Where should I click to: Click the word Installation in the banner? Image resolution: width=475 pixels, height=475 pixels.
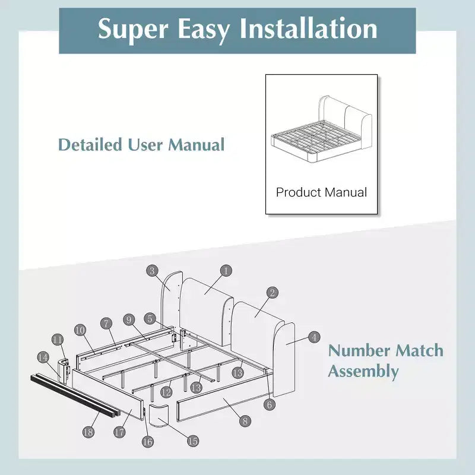click(x=308, y=28)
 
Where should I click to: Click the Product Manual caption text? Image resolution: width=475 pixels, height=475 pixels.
click(x=321, y=192)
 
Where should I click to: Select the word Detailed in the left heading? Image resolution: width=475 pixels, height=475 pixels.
click(x=90, y=144)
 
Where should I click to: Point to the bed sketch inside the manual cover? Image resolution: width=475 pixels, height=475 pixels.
click(x=321, y=129)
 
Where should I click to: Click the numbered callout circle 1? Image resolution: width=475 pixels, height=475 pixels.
click(x=226, y=271)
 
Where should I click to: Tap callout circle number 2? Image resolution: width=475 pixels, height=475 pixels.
click(x=273, y=293)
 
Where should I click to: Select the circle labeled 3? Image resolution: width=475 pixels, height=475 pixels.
click(x=152, y=271)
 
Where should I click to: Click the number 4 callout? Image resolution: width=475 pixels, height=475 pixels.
click(x=314, y=337)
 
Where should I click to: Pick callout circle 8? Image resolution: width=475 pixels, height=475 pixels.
click(x=245, y=421)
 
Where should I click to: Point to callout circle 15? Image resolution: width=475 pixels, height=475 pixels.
click(x=192, y=441)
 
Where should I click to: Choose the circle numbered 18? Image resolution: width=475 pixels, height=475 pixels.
click(x=88, y=432)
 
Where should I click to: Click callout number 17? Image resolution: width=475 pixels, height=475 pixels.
click(x=120, y=432)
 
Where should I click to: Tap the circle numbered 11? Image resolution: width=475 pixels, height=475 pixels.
click(x=58, y=340)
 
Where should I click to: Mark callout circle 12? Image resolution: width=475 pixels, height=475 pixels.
click(x=166, y=392)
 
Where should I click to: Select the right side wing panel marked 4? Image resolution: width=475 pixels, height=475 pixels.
click(x=284, y=360)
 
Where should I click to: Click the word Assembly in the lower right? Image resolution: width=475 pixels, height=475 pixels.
click(x=363, y=372)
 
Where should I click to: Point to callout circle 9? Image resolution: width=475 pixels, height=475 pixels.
click(x=129, y=320)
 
